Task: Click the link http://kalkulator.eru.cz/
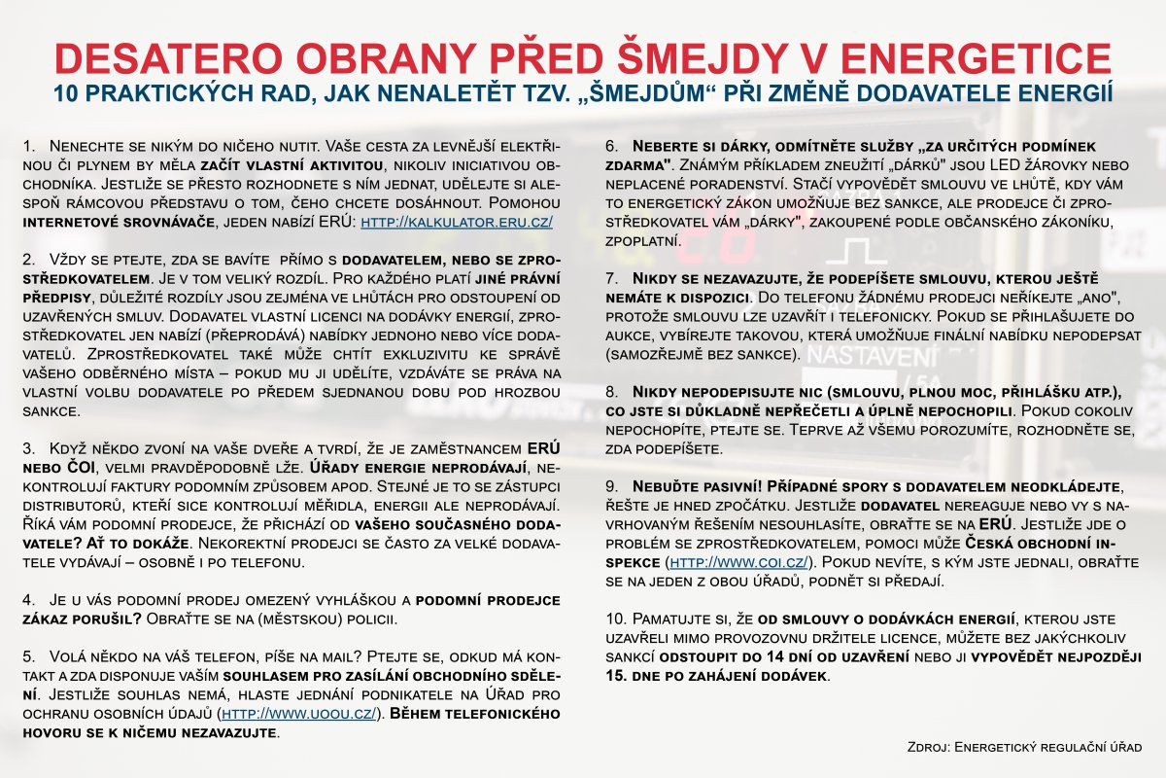[x=457, y=223]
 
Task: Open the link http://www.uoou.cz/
[x=302, y=714]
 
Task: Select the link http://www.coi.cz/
[x=737, y=562]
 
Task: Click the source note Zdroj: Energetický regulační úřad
[x=1023, y=747]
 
